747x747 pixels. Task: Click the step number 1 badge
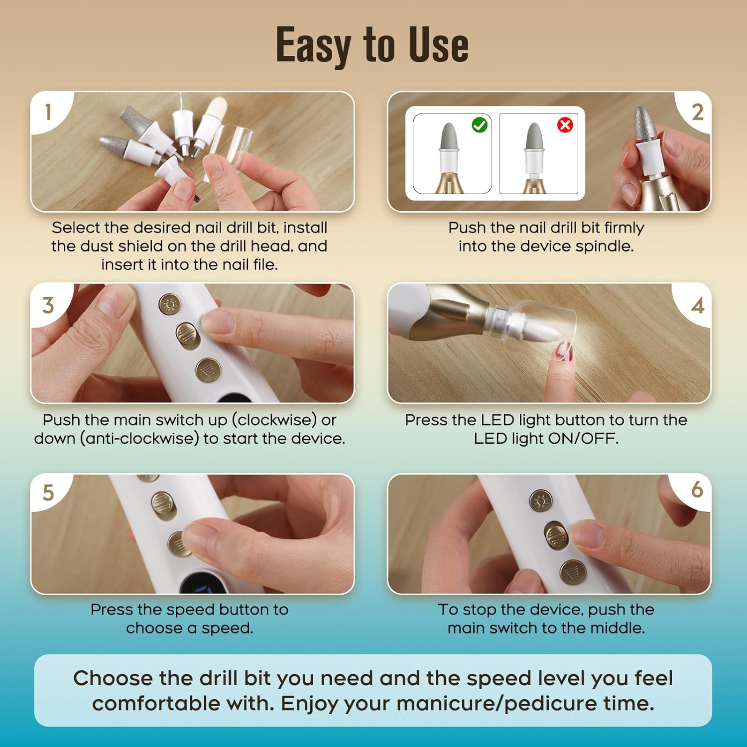[x=48, y=112]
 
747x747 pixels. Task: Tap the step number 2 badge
[x=697, y=112]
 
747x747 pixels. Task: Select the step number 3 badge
[x=48, y=305]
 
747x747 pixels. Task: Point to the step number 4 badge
[x=697, y=305]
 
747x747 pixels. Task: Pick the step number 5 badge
[x=48, y=493]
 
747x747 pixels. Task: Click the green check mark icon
[x=480, y=125]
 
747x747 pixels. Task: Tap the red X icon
[x=565, y=125]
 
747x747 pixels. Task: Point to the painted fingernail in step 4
[x=565, y=351]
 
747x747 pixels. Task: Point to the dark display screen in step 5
[x=204, y=585]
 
